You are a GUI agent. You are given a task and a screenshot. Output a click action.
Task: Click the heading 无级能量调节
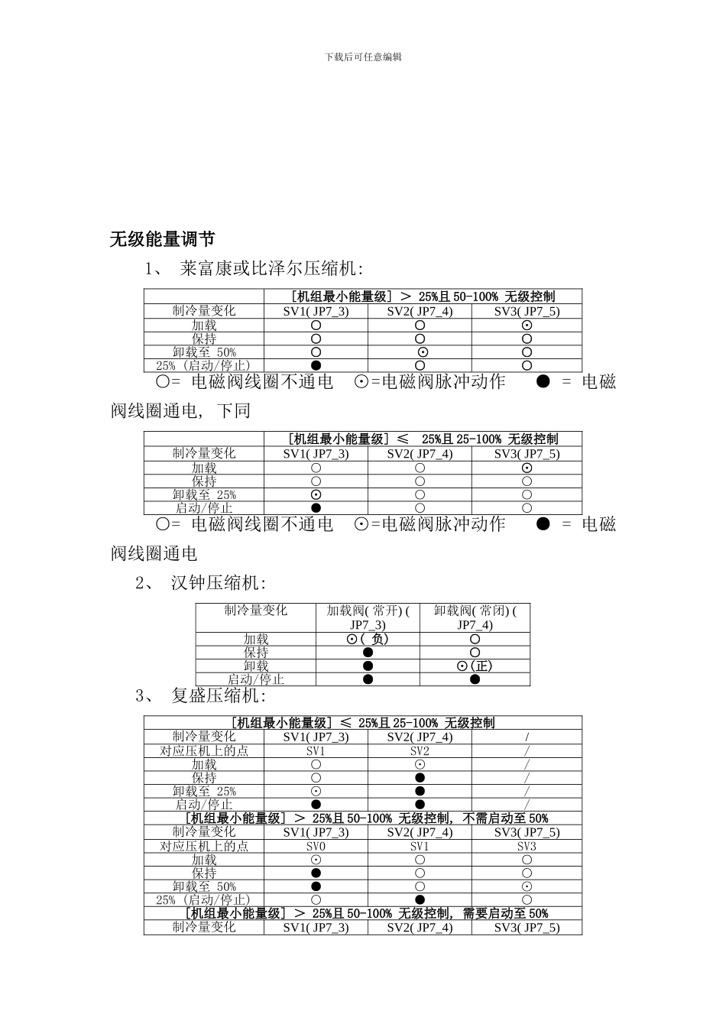[162, 239]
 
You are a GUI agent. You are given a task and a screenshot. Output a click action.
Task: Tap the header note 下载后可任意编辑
[363, 57]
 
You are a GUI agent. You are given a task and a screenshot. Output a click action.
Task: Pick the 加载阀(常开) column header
[368, 617]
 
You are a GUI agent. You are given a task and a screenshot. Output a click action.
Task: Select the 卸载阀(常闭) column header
[475, 617]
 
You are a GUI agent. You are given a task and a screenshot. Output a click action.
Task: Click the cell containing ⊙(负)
[368, 639]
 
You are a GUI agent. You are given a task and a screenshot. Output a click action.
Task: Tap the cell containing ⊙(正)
[475, 666]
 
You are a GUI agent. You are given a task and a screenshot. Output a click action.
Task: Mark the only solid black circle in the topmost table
[316, 365]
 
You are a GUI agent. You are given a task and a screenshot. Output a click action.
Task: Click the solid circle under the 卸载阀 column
[475, 679]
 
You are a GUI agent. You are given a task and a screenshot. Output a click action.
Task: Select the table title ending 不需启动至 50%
[367, 818]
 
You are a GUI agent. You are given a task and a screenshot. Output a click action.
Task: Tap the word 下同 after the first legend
[233, 410]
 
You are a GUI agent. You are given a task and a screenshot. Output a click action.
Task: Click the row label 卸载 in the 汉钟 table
[256, 666]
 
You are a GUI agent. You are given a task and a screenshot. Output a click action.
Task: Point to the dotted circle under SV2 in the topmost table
[423, 352]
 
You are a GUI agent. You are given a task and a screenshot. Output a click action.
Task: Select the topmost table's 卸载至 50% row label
[204, 352]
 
